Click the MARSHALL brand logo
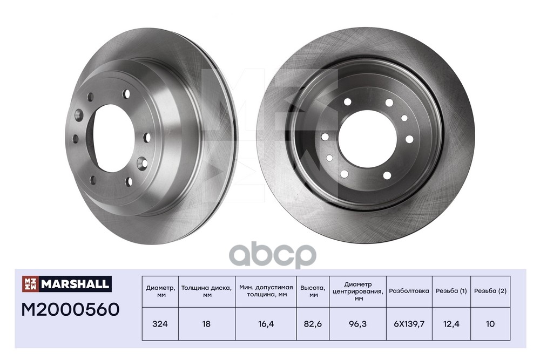(67, 284)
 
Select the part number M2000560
(70, 309)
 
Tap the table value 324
(160, 324)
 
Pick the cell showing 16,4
(266, 324)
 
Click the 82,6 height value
(313, 324)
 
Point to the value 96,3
(358, 324)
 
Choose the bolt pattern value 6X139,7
(409, 324)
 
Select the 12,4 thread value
(451, 324)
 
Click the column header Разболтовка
(409, 291)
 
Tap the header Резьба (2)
(490, 291)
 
